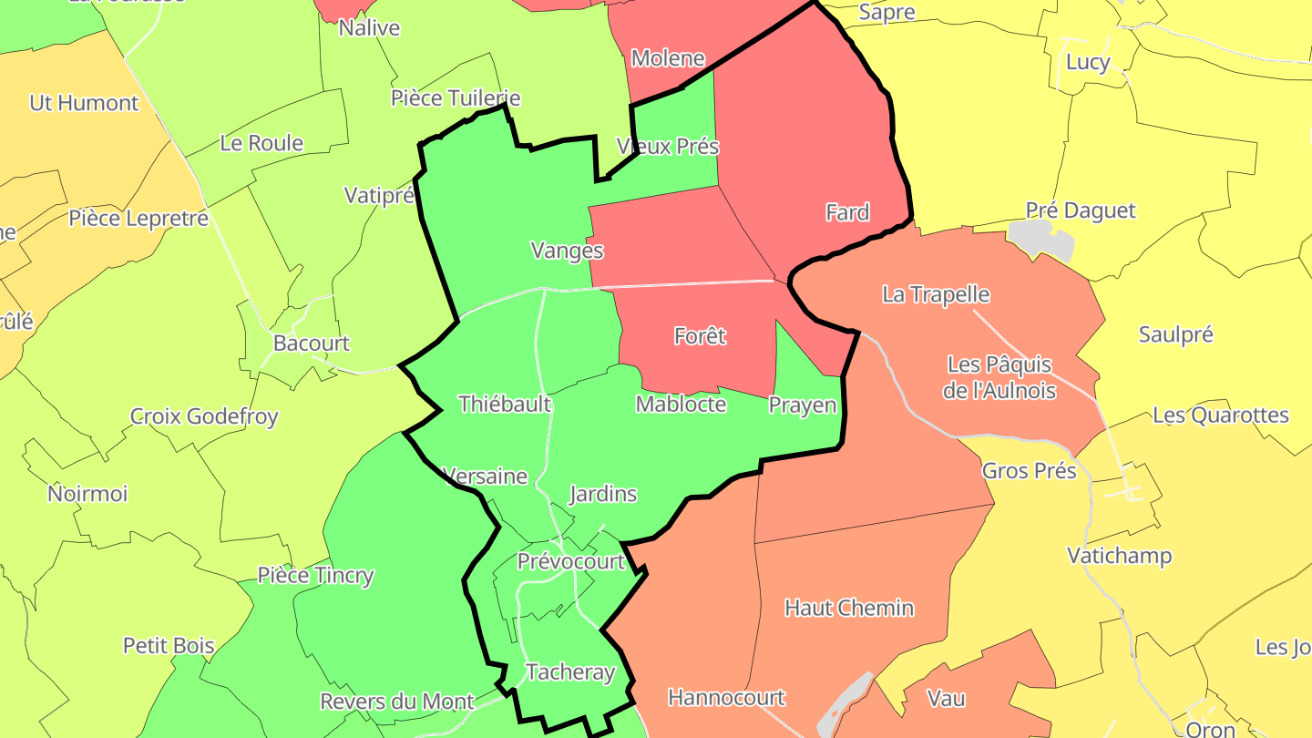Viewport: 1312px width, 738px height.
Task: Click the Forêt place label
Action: pyautogui.click(x=700, y=336)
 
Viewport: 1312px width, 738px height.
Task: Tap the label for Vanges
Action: pyautogui.click(x=567, y=251)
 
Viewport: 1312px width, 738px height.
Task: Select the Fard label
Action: pyautogui.click(x=847, y=212)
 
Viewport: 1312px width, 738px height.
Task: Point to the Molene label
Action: pyautogui.click(x=668, y=58)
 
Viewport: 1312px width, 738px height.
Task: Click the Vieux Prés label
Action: pyautogui.click(x=668, y=146)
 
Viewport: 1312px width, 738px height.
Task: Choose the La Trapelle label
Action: pyautogui.click(x=936, y=294)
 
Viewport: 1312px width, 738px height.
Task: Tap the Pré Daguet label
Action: pyautogui.click(x=1081, y=210)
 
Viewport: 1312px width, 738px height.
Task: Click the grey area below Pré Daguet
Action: pyautogui.click(x=1042, y=240)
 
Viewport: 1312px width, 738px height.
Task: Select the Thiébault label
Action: pyautogui.click(x=505, y=404)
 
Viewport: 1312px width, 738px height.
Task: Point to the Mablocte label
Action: pyautogui.click(x=681, y=404)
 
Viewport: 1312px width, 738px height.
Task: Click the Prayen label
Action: pyautogui.click(x=802, y=405)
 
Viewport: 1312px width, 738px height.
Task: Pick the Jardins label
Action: pyautogui.click(x=602, y=494)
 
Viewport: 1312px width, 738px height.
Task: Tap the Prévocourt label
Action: pyautogui.click(x=571, y=561)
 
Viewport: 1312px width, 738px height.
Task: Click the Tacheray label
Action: pyautogui.click(x=570, y=672)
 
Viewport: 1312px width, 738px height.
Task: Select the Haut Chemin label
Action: pyautogui.click(x=849, y=608)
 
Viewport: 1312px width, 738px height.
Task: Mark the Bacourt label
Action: pyautogui.click(x=312, y=343)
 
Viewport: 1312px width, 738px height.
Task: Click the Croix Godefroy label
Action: pyautogui.click(x=204, y=416)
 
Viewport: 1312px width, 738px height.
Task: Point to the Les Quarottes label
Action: pyautogui.click(x=1221, y=415)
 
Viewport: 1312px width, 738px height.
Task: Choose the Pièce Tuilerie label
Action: pyautogui.click(x=456, y=97)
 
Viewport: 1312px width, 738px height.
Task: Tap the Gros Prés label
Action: pyautogui.click(x=1029, y=471)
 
